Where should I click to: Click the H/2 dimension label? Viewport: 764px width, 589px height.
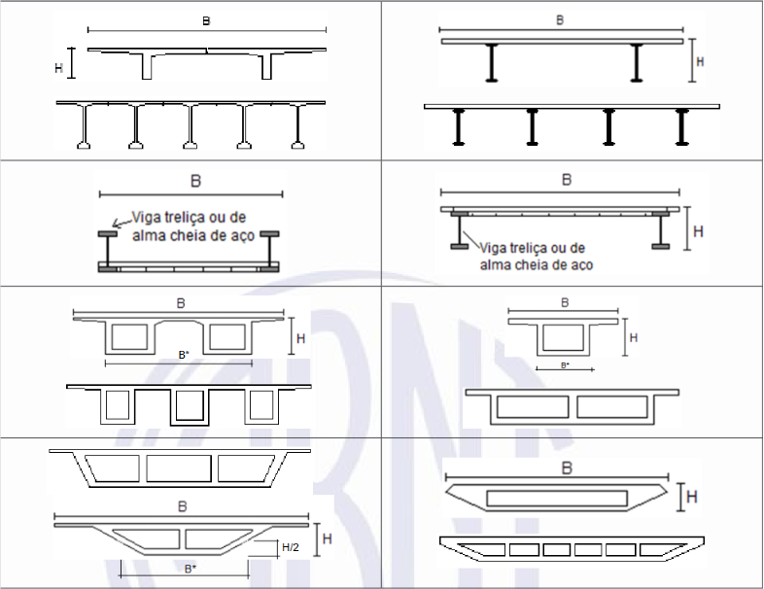point(291,547)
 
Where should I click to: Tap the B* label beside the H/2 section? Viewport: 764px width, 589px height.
point(191,569)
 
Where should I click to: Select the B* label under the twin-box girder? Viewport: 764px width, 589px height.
point(184,355)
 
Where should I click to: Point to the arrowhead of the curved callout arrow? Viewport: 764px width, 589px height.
point(115,225)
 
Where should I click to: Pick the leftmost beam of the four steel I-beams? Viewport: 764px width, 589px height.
point(458,127)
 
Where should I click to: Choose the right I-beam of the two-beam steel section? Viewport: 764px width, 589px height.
point(637,63)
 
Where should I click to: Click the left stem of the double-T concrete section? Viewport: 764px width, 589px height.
point(147,66)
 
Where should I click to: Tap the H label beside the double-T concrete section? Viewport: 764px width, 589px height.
point(59,68)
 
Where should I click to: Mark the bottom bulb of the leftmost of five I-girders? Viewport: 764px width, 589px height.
point(84,145)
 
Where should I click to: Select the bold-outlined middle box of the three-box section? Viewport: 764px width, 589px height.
point(190,406)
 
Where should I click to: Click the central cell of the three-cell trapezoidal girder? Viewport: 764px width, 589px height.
point(179,468)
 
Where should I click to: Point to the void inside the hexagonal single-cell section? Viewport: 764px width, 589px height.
point(556,499)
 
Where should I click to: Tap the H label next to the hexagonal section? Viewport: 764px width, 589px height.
point(692,497)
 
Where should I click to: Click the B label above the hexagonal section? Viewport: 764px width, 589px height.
point(567,468)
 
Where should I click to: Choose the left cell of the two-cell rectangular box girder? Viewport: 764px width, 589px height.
point(533,407)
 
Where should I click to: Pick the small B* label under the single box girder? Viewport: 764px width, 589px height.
point(565,364)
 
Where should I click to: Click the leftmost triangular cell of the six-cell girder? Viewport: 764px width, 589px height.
point(483,549)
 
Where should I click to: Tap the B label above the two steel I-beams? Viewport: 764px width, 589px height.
point(560,20)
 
